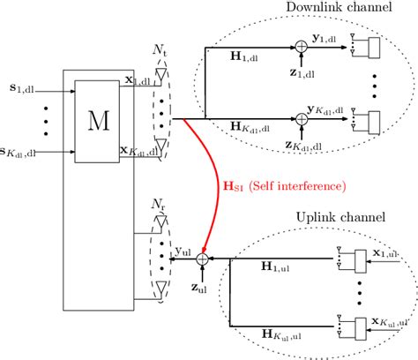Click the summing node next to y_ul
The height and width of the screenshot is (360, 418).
[202, 259]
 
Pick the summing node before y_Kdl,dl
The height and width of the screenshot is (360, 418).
[302, 117]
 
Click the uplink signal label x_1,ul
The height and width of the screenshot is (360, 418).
[389, 252]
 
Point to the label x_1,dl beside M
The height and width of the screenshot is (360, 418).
[131, 80]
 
